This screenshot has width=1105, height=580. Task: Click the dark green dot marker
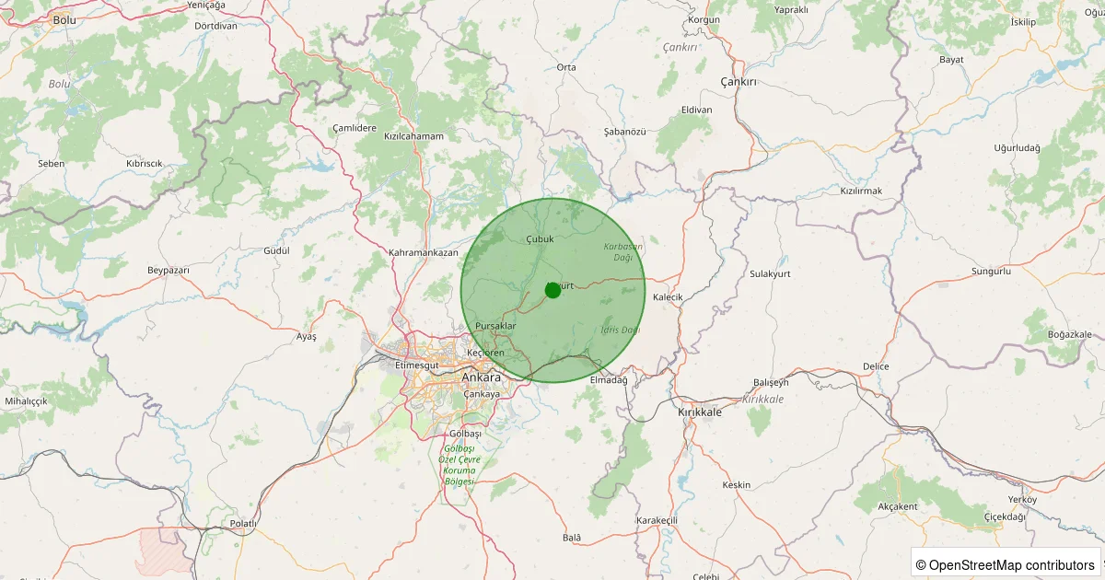click(x=552, y=290)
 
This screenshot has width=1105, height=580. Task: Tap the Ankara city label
click(x=482, y=377)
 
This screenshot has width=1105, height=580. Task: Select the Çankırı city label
click(x=738, y=82)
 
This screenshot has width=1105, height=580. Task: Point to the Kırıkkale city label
click(x=700, y=412)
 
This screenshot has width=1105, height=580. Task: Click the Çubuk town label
click(x=540, y=239)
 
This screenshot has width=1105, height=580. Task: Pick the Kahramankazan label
click(x=424, y=252)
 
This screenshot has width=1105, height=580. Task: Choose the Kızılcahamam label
click(x=413, y=136)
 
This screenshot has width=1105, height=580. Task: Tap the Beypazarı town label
click(x=168, y=270)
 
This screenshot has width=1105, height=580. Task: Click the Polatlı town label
click(x=243, y=523)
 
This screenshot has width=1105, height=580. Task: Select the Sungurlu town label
click(x=991, y=272)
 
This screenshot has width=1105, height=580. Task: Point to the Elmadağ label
click(x=608, y=380)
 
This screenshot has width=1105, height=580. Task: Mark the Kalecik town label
click(x=668, y=297)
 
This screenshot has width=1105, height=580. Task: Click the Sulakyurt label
click(x=771, y=274)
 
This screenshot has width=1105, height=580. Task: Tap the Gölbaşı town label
click(x=464, y=433)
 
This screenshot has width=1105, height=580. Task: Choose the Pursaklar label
click(x=495, y=327)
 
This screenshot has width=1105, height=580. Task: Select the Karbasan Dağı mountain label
click(x=623, y=251)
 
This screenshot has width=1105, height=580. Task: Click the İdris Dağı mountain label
click(x=620, y=330)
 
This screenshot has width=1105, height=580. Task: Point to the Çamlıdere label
click(x=355, y=128)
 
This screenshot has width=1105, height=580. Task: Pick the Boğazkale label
click(x=1070, y=334)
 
